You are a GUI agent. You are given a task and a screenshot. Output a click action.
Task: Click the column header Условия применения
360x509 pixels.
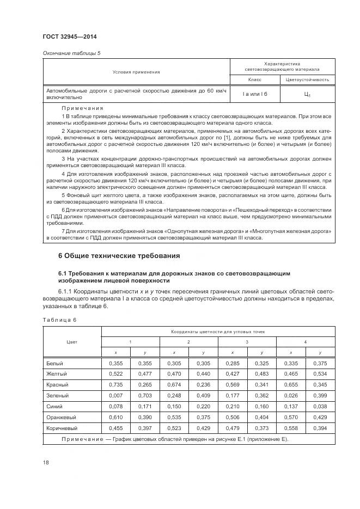point(136,72)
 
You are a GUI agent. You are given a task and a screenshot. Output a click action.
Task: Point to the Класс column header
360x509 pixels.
point(255,80)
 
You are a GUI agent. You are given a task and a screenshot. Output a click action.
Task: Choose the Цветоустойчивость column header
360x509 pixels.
point(307,80)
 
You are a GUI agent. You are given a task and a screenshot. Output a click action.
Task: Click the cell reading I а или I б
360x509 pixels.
point(255,94)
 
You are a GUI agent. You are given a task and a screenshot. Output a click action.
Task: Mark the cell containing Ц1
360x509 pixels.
point(307,94)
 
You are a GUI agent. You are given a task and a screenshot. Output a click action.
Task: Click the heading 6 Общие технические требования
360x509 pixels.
point(119,255)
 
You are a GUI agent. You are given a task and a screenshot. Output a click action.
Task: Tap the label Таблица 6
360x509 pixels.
point(59,320)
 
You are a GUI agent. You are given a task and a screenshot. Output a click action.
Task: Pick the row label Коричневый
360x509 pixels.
point(61,428)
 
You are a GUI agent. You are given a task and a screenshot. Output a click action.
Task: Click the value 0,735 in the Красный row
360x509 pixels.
point(115,384)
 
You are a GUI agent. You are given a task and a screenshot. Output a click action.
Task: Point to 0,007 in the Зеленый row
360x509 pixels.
point(115,395)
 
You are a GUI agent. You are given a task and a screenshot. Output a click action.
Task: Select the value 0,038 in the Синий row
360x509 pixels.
point(320,406)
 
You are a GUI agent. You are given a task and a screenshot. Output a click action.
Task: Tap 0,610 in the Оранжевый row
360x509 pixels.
point(115,417)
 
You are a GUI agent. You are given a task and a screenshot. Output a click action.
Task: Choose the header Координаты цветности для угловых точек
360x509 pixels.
point(218,331)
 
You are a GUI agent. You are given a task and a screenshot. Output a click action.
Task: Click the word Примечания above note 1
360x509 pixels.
point(83,108)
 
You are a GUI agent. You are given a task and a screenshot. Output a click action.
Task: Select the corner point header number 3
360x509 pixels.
point(247,341)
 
